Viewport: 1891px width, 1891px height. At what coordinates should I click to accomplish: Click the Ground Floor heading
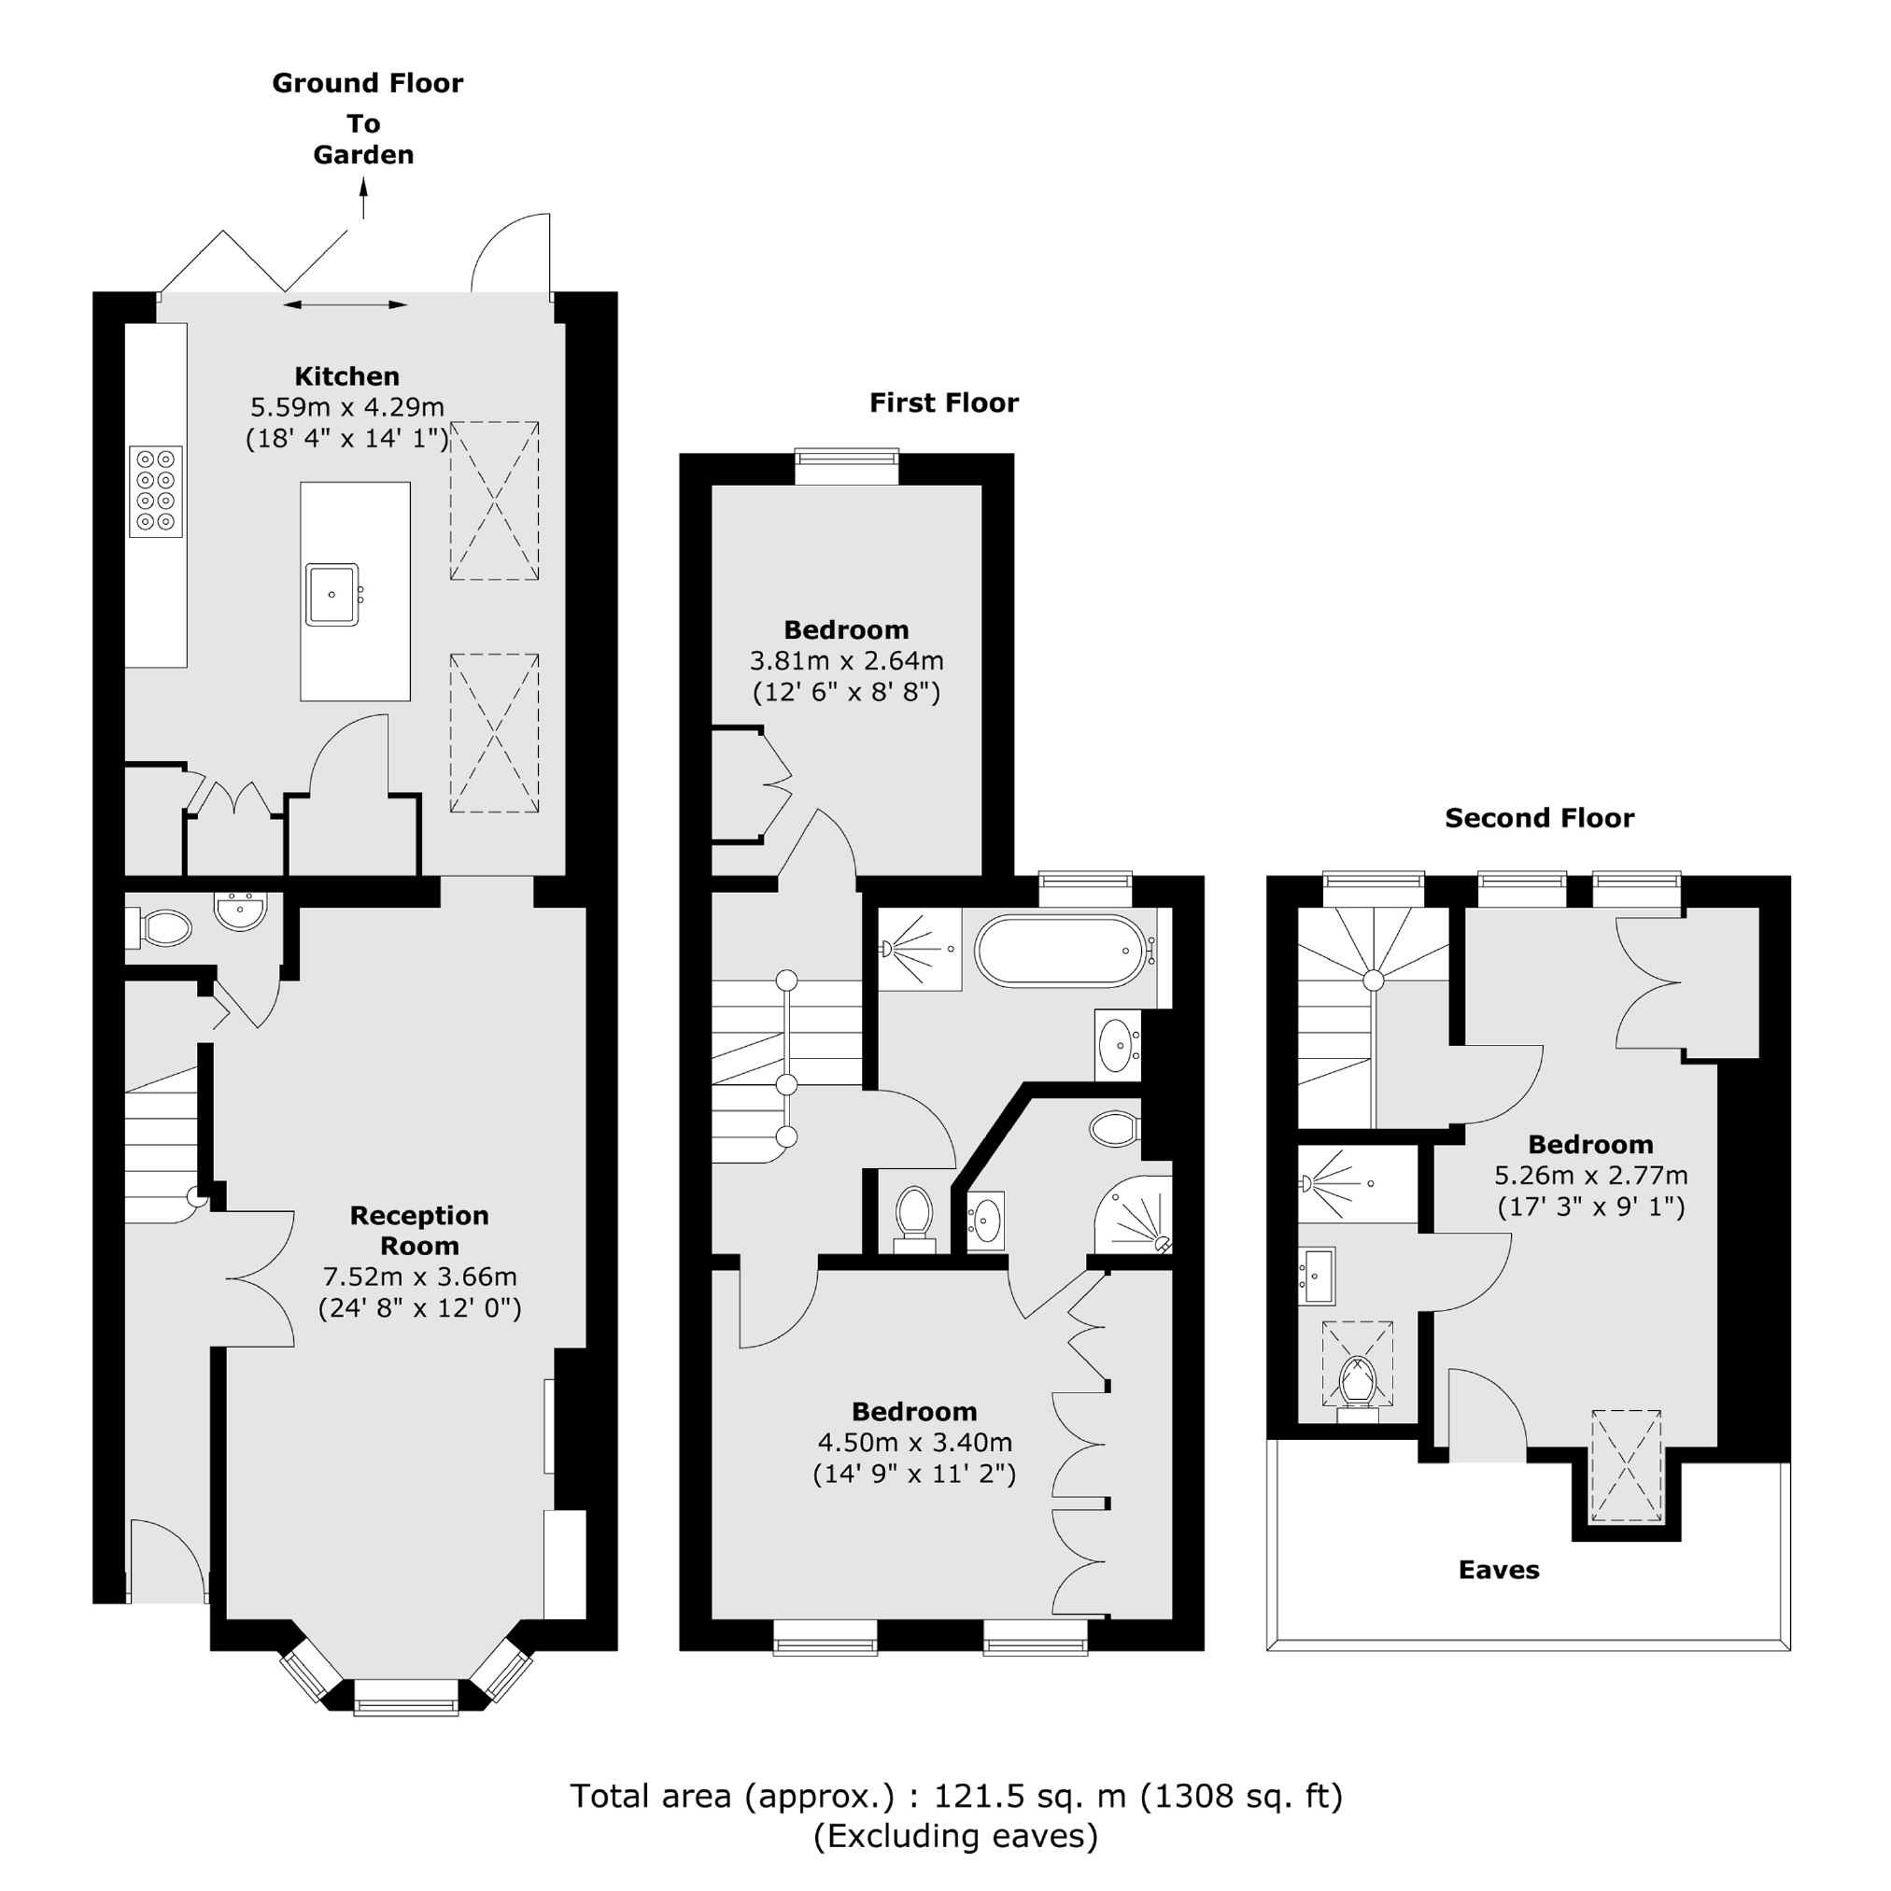367,83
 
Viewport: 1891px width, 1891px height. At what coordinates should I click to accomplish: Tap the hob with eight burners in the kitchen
156,491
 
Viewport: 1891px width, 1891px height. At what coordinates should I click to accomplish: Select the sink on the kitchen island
332,594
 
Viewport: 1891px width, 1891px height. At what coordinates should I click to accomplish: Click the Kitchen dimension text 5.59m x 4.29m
346,406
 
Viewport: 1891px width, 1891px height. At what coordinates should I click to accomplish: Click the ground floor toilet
162,927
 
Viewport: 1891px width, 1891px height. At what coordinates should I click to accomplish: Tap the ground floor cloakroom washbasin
240,910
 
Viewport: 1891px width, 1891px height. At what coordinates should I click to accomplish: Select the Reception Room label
419,1231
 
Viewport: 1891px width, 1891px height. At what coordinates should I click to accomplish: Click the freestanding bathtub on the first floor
1059,951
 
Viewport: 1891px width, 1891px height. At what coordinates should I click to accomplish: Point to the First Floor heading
943,402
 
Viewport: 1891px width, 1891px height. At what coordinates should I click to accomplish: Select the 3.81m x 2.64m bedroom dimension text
846,660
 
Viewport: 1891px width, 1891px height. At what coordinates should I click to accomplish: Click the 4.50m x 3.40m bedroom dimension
914,1443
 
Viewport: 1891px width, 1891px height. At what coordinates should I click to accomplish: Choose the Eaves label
1499,1571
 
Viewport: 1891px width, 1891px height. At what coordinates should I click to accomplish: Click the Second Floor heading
1539,818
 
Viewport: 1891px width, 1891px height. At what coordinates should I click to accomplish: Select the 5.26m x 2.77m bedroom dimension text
1590,1175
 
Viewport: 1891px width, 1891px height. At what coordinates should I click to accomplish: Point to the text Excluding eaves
955,1836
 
